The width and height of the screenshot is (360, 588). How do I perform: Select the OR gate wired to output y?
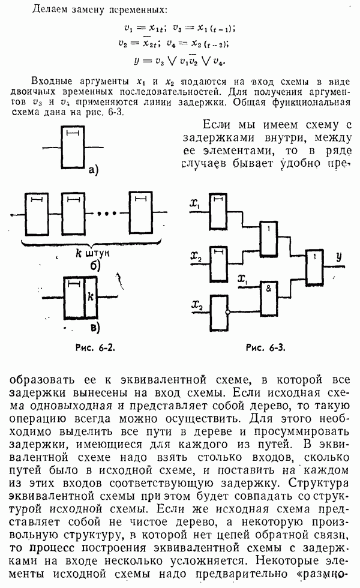(x=313, y=266)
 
